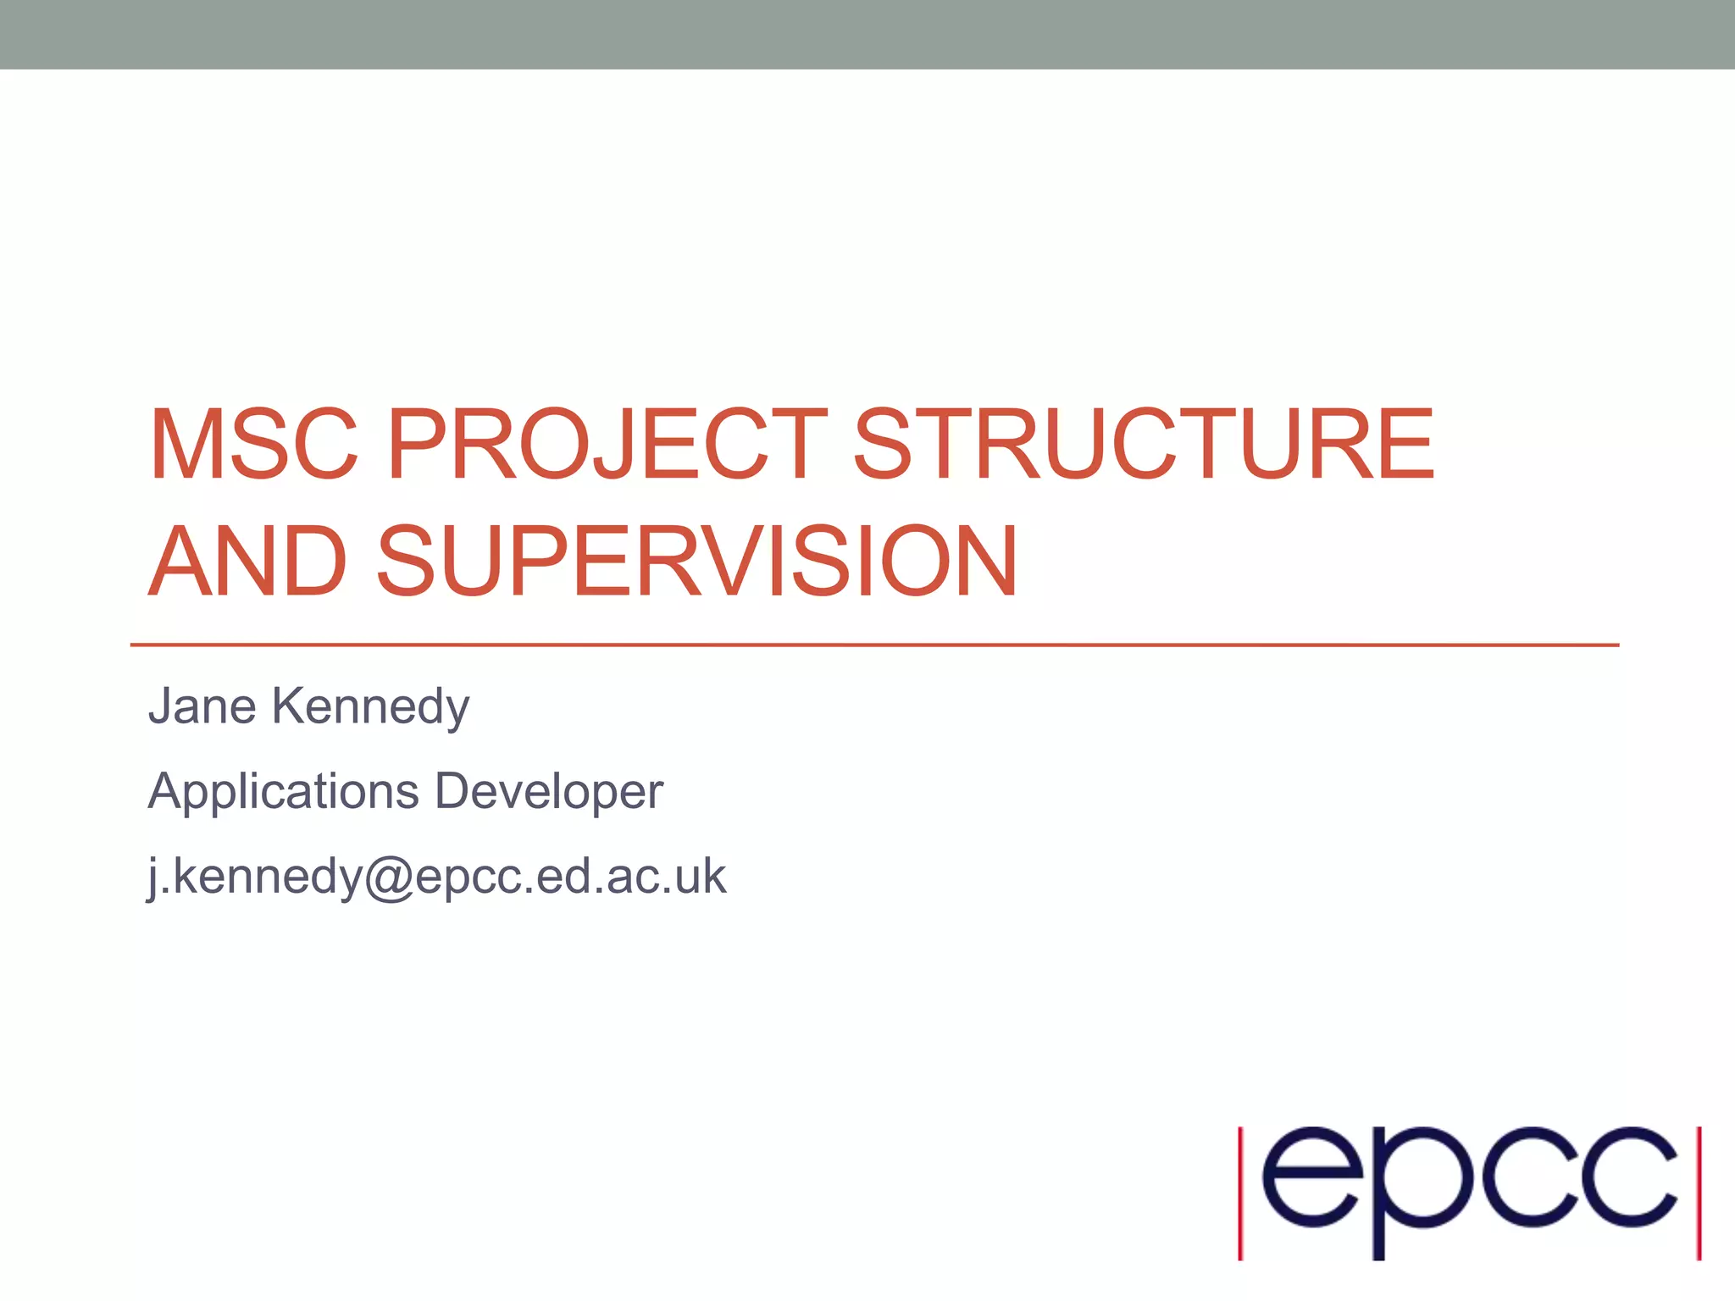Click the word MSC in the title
click(254, 445)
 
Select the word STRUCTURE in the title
click(1144, 445)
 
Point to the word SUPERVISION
click(696, 561)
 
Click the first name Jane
click(202, 706)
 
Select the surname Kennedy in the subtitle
click(370, 708)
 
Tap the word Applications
click(284, 792)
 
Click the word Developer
click(549, 792)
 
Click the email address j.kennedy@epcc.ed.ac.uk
click(437, 876)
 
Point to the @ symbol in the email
click(389, 877)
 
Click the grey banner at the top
click(867, 34)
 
